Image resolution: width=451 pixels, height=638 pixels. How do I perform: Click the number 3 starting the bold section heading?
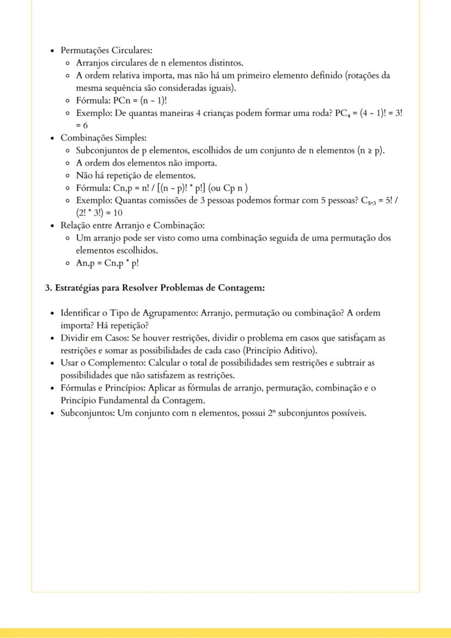(47, 288)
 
